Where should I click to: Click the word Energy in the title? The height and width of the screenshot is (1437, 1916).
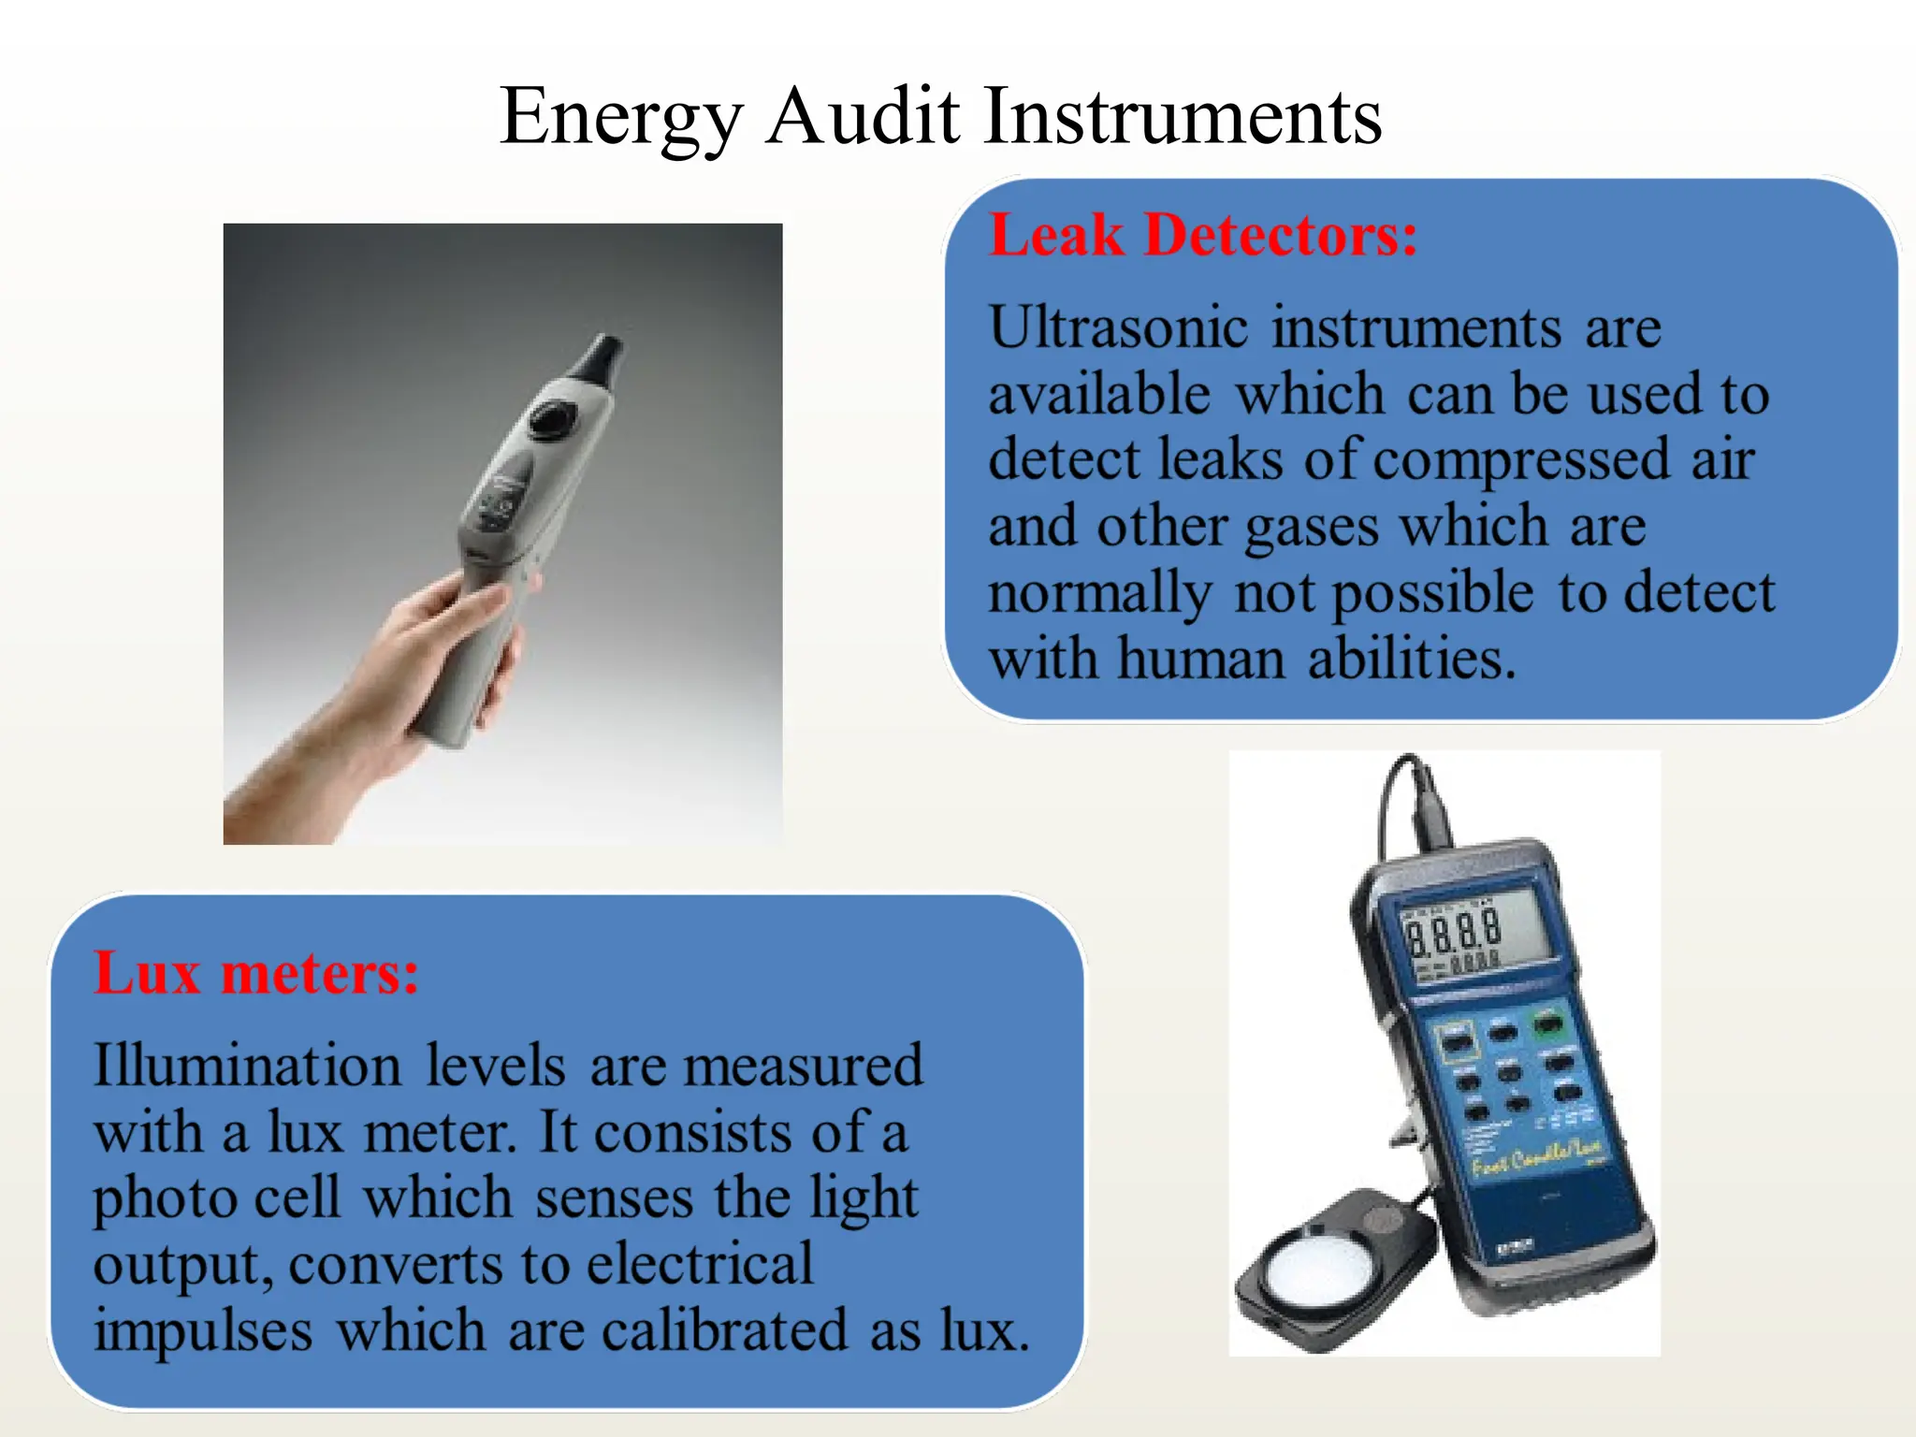(621, 117)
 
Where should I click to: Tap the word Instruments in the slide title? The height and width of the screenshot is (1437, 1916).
(1183, 117)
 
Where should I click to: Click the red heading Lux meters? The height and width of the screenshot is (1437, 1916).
(256, 973)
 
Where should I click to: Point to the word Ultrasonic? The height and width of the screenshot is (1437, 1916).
(1119, 328)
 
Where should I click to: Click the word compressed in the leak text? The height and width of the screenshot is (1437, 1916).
(1521, 460)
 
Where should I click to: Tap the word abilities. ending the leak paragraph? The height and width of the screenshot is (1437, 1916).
(1411, 659)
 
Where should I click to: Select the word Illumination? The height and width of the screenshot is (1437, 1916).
(247, 1066)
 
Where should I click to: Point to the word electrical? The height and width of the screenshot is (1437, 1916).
(700, 1264)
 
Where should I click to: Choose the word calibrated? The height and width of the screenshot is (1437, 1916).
(723, 1330)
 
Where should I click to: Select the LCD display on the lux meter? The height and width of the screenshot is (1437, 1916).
(1464, 936)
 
